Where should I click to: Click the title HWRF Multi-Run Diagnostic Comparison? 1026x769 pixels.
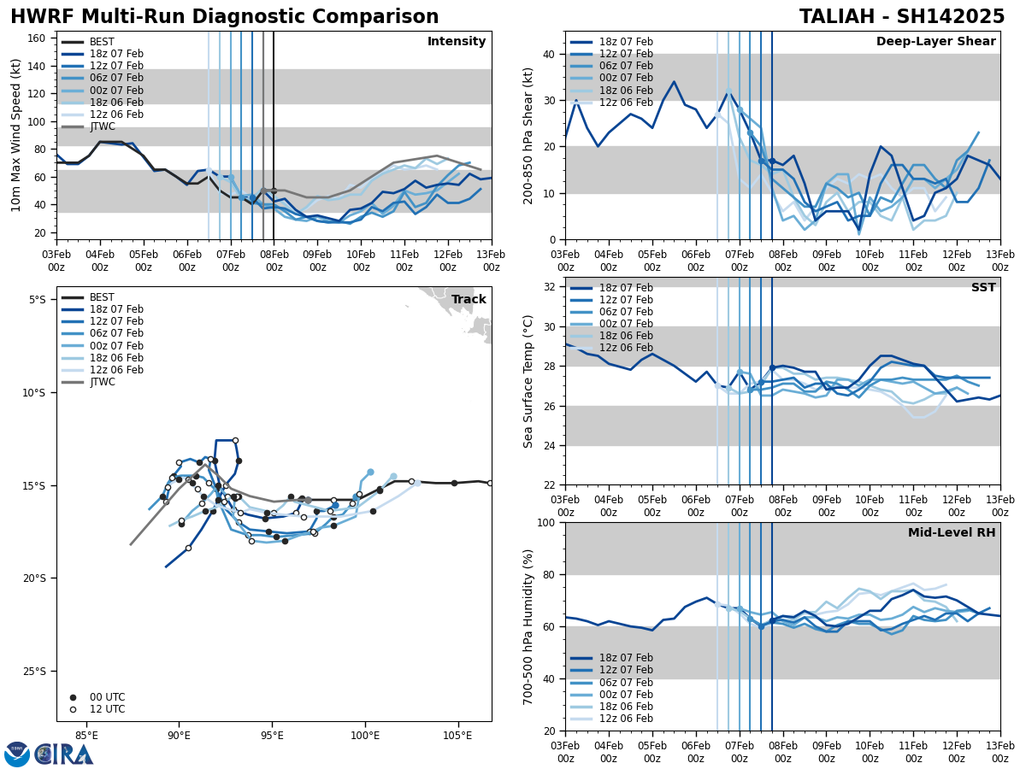224,17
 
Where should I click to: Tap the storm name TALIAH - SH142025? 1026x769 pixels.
902,17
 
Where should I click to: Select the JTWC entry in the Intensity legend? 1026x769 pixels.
103,126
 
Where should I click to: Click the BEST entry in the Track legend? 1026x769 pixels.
102,297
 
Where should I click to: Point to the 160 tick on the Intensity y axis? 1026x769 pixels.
40,38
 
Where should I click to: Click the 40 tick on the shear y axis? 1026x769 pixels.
549,54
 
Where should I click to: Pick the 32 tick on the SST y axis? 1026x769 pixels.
549,287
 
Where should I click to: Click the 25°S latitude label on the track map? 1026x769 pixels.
37,672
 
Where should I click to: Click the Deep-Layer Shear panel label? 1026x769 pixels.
935,42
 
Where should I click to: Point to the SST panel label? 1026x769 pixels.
983,288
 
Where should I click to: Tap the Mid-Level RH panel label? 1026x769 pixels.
952,533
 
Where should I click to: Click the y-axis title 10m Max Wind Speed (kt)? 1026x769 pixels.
16,135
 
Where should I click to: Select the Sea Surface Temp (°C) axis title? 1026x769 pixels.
529,381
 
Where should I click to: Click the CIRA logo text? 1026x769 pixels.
64,754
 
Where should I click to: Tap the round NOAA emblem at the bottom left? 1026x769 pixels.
17,754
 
